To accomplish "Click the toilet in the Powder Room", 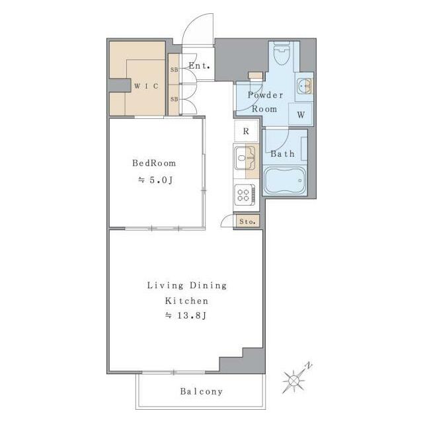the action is tap(282, 54).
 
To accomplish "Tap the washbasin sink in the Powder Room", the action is tap(304, 87).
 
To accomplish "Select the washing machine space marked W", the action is tap(301, 114).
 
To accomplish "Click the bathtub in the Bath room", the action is tap(284, 180).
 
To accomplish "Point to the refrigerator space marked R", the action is tap(246, 131).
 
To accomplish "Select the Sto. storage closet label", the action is tap(247, 222).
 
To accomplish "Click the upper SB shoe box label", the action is tap(174, 69).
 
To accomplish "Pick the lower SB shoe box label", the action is tap(174, 99).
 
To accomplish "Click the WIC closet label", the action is tap(146, 86).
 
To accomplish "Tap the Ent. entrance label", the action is tap(200, 65).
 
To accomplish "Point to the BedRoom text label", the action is tap(154, 163).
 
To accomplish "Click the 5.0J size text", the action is tap(155, 180).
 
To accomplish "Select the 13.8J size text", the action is tap(186, 315).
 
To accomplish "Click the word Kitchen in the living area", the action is tap(186, 301).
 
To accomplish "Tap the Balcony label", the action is tap(202, 391).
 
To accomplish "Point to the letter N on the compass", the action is tap(309, 365).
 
